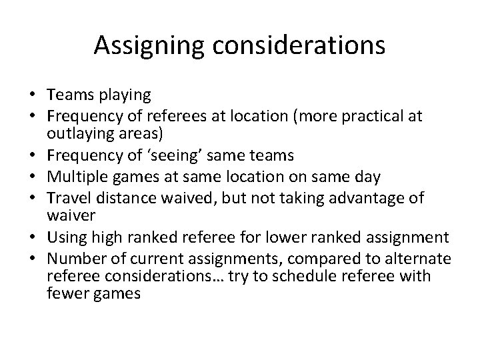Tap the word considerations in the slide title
point(297,45)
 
